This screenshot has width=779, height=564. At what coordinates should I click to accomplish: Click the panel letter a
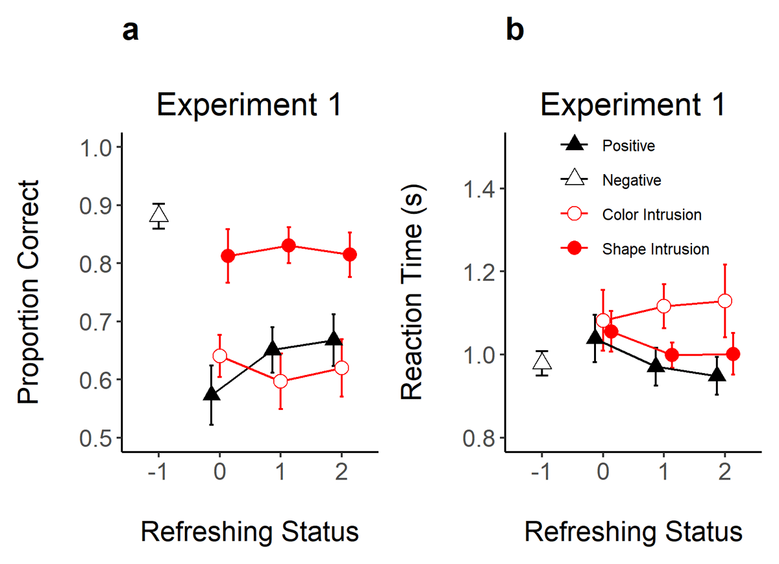pyautogui.click(x=130, y=32)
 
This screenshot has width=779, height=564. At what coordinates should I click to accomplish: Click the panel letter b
pyautogui.click(x=515, y=32)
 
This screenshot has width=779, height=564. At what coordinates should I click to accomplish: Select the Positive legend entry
pyautogui.click(x=628, y=146)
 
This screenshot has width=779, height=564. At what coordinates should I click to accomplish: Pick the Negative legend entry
pyautogui.click(x=632, y=180)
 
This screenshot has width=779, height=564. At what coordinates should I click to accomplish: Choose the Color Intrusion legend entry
pyautogui.click(x=652, y=214)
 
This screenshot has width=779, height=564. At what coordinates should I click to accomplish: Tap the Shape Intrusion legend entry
pyautogui.click(x=655, y=248)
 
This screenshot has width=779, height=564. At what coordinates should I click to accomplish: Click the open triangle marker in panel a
pyautogui.click(x=159, y=214)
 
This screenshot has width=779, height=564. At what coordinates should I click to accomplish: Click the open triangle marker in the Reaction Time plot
pyautogui.click(x=542, y=362)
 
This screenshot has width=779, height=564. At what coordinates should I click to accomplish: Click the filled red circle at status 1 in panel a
pyautogui.click(x=289, y=246)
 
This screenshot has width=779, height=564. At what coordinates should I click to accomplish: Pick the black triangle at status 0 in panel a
pyautogui.click(x=211, y=394)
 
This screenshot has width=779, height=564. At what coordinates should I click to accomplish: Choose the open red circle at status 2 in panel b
pyautogui.click(x=725, y=301)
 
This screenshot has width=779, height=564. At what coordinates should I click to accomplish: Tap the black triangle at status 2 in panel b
pyautogui.click(x=717, y=376)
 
